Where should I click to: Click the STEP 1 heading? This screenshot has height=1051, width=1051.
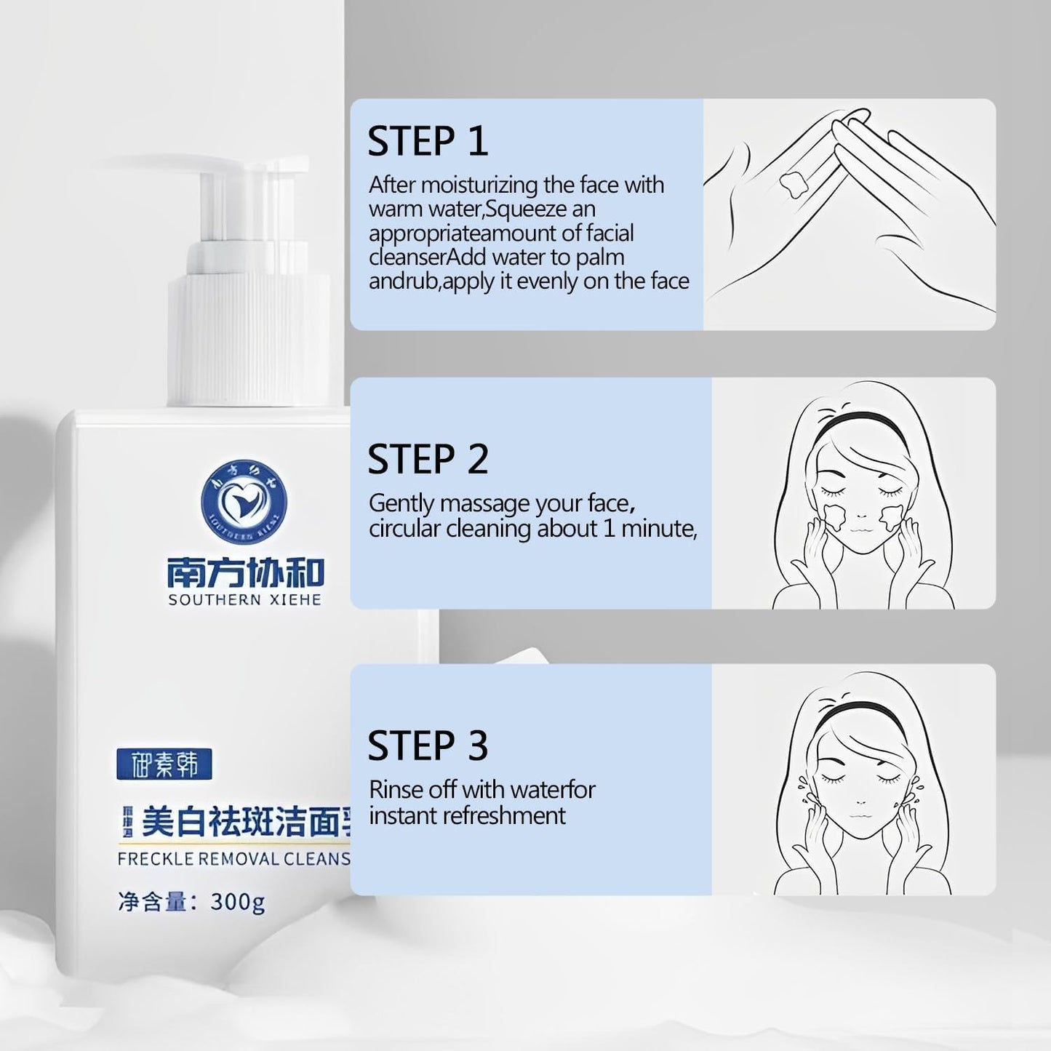[x=427, y=141]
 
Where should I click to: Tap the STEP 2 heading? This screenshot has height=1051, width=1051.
[x=427, y=460]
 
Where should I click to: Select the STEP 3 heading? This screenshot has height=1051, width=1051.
[x=427, y=746]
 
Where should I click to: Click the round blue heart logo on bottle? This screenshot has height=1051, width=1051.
[x=244, y=501]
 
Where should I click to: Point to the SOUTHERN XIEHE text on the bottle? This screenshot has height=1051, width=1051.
[x=244, y=600]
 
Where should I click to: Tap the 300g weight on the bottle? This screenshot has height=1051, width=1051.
[x=237, y=902]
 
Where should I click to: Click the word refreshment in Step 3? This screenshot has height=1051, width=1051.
[x=503, y=815]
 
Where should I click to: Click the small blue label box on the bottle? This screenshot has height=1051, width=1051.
[x=164, y=764]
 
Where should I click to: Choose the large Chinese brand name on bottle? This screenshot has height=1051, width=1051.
[x=244, y=572]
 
